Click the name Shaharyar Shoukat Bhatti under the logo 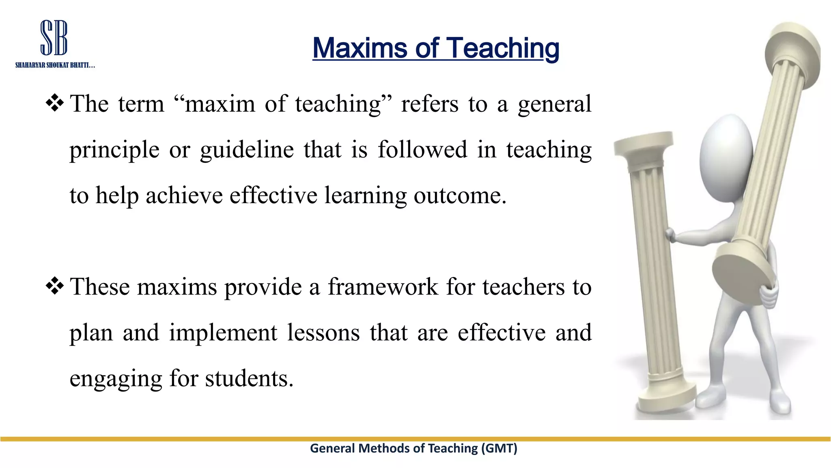point(55,65)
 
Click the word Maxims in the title point(360,48)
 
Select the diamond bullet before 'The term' point(55,103)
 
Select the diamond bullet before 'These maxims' point(55,286)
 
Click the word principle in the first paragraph point(114,150)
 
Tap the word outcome point(460,196)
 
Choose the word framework point(383,287)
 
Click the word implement point(223,333)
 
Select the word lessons point(323,333)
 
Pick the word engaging point(116,379)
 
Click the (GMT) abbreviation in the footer point(499,448)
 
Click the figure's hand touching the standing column point(670,234)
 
